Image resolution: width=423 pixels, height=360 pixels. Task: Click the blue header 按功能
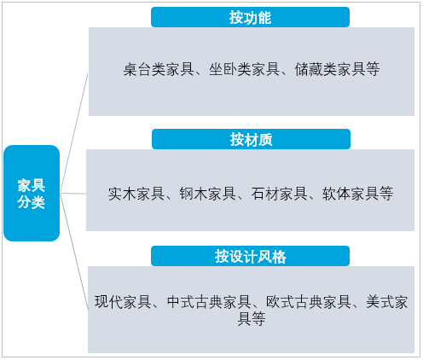point(250,17)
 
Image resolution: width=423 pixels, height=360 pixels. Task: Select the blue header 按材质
point(251,139)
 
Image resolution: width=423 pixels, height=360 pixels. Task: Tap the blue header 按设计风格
point(250,256)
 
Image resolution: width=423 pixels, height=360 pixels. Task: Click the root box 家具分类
point(32,193)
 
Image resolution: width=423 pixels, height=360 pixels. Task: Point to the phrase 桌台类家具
point(159,69)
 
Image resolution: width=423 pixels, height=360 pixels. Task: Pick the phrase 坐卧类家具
point(245,69)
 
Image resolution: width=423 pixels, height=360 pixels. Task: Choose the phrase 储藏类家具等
point(337,69)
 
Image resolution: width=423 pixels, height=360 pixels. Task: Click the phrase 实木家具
point(136,194)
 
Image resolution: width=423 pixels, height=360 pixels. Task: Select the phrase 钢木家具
point(207,194)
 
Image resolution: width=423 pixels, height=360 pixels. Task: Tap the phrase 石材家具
point(279,194)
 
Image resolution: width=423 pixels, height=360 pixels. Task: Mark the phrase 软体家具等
point(357,194)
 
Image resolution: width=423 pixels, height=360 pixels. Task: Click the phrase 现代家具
point(123,302)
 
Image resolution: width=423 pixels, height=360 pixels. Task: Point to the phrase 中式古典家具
point(209,302)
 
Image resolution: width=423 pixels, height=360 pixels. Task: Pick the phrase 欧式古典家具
point(309,302)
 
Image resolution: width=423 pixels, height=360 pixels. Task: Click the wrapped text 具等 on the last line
point(252,318)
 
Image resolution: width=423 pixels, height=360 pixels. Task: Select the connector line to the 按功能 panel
point(74,133)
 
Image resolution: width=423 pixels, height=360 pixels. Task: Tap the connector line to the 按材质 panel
point(73,194)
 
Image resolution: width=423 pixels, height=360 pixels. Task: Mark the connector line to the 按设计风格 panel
point(74,252)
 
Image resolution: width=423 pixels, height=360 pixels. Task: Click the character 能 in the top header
point(264,17)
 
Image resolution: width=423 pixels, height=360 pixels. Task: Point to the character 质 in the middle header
point(265,139)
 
